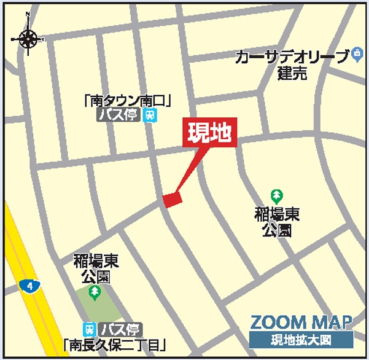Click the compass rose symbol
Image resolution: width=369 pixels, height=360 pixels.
[x=28, y=39]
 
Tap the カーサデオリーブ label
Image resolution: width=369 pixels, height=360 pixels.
[x=291, y=57]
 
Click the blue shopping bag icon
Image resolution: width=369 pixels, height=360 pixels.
[x=356, y=55]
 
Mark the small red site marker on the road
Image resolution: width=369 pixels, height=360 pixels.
[x=173, y=200]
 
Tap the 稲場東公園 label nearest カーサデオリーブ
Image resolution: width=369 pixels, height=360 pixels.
[x=277, y=222]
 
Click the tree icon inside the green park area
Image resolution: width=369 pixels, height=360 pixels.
[x=94, y=292]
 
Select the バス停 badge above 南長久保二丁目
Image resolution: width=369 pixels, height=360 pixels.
[x=122, y=329]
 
